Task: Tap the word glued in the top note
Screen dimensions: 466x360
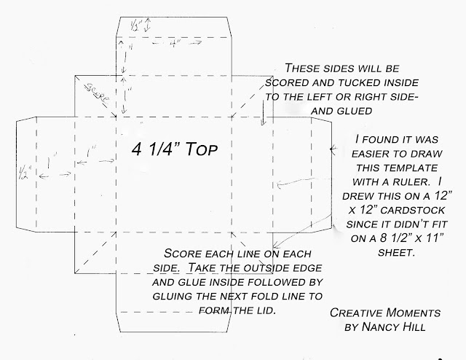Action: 355,111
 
